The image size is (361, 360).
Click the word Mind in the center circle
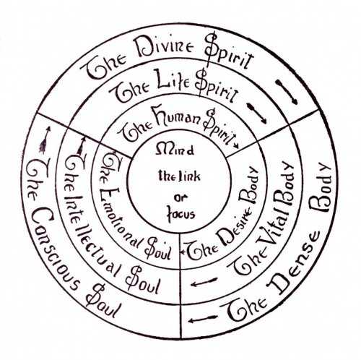175,150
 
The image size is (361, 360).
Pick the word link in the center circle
190,176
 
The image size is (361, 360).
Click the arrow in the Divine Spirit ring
287,92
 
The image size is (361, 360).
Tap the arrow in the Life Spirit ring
257,113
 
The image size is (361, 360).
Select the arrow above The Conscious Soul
45,140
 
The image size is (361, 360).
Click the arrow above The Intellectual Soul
81,146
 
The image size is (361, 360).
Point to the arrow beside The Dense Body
203,319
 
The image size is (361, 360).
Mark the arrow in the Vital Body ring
204,282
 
